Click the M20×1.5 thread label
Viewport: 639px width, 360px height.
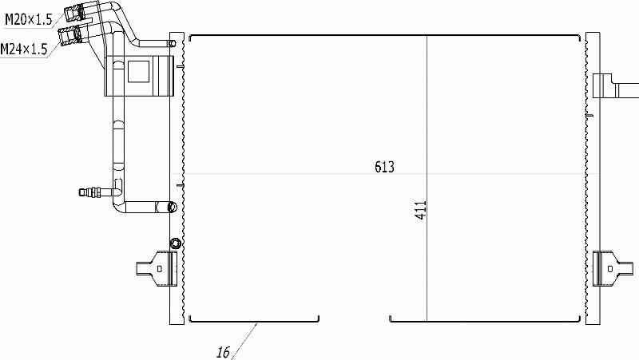click(x=29, y=19)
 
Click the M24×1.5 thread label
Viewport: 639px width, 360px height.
click(x=24, y=49)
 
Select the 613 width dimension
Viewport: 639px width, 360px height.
click(x=384, y=167)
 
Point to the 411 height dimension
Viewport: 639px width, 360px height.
click(x=421, y=210)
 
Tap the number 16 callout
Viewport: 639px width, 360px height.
click(x=223, y=352)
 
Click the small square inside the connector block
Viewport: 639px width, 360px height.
click(x=138, y=72)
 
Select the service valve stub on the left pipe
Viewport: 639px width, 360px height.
click(x=90, y=192)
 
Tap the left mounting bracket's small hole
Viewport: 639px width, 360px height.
click(x=159, y=269)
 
